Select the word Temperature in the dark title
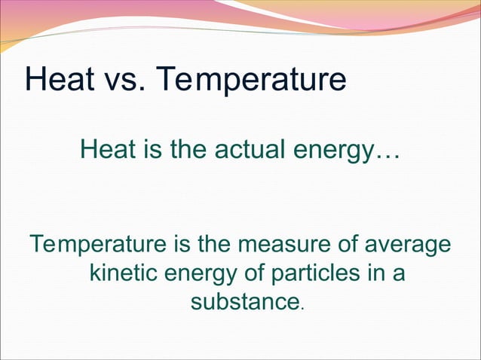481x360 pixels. (253, 79)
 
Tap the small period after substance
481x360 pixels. (302, 307)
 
